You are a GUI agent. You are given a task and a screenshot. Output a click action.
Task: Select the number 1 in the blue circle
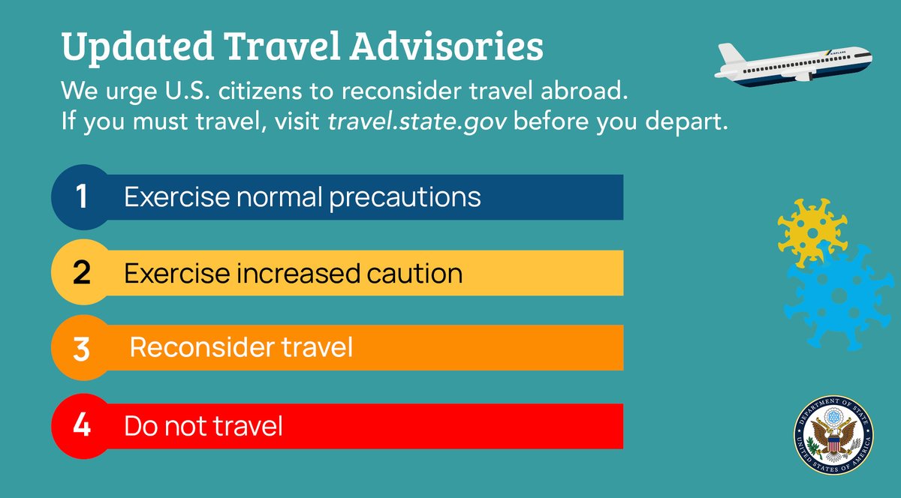[x=81, y=198]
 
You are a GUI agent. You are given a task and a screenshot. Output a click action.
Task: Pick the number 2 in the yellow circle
[x=81, y=273]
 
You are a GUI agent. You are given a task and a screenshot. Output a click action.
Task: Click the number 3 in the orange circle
[x=81, y=349]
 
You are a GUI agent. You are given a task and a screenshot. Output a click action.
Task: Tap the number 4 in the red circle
[x=81, y=426]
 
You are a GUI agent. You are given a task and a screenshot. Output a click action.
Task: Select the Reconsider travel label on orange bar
[x=241, y=348]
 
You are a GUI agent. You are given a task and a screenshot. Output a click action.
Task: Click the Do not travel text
[x=203, y=426]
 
